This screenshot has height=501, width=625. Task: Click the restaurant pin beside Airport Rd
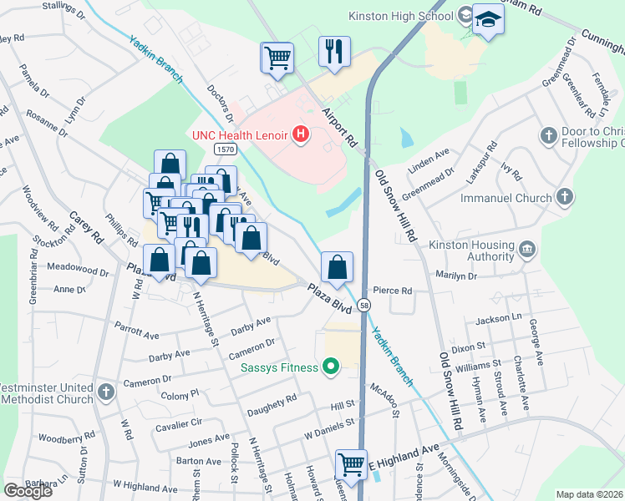(x=334, y=52)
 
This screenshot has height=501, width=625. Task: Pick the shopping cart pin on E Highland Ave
(x=352, y=465)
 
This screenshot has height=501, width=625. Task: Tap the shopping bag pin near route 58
(x=337, y=268)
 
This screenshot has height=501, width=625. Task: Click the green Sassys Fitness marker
(x=331, y=367)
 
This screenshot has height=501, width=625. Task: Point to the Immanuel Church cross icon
(x=566, y=198)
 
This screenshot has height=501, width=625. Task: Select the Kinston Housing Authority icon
(x=527, y=249)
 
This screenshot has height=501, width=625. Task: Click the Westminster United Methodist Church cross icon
(x=105, y=392)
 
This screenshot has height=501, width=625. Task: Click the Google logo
(x=28, y=491)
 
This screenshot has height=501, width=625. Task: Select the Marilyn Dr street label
(x=455, y=274)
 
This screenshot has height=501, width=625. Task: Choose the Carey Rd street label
(x=85, y=226)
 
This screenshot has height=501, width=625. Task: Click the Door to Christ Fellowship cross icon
(x=549, y=136)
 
